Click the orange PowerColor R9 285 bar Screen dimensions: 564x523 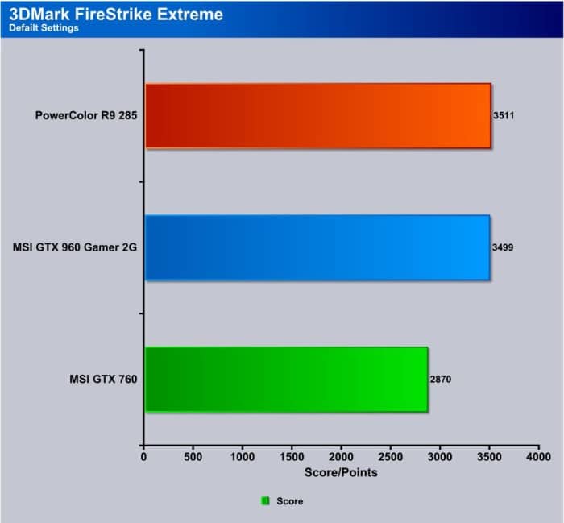click(318, 115)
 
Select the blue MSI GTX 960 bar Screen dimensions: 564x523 click(317, 247)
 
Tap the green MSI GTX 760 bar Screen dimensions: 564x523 click(286, 379)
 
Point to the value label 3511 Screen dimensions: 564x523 click(504, 115)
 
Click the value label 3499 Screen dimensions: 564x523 click(503, 247)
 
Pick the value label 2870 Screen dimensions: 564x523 click(441, 379)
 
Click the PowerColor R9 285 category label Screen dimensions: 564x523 click(86, 115)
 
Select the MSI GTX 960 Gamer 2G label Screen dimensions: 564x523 click(75, 247)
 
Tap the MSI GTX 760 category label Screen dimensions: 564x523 click(103, 379)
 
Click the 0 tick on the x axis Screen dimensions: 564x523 click(143, 457)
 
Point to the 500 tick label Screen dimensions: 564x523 click(193, 457)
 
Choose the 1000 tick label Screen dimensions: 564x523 click(242, 457)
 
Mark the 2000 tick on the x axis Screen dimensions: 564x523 click(341, 457)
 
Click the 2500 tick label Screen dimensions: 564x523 click(390, 457)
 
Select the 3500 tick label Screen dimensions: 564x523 click(489, 457)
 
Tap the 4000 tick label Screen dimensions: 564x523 click(538, 457)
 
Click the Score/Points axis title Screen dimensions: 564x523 click(341, 472)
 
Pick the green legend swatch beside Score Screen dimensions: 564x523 click(265, 500)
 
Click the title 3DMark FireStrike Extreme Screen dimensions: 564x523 click(116, 15)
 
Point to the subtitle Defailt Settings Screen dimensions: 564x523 click(44, 28)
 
